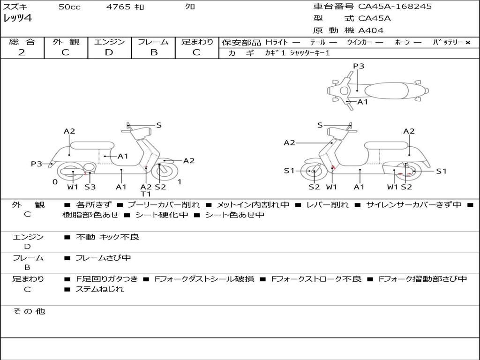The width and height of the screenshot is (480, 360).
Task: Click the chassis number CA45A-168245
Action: (395, 7)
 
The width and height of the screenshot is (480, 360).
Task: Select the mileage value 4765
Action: (119, 7)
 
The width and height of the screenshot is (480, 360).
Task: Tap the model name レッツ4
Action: (17, 19)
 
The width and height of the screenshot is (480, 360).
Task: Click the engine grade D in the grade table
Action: (109, 52)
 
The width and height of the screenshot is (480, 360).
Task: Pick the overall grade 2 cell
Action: (22, 52)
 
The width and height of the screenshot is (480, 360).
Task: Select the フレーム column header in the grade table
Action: (153, 42)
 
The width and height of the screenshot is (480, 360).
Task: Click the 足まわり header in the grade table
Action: (197, 42)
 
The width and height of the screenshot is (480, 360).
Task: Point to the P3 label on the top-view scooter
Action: (359, 66)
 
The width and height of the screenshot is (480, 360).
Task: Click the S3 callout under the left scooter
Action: (90, 187)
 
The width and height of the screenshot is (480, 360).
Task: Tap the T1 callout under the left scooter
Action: (146, 194)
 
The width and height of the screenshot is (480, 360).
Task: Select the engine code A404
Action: (371, 30)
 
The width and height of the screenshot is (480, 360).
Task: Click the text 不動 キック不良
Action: (107, 237)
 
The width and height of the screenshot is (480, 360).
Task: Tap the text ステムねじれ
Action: (99, 289)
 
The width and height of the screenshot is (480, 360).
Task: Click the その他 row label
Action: (28, 311)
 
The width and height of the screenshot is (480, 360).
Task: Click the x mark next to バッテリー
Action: (467, 43)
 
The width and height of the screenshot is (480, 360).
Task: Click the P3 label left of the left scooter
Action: (37, 164)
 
